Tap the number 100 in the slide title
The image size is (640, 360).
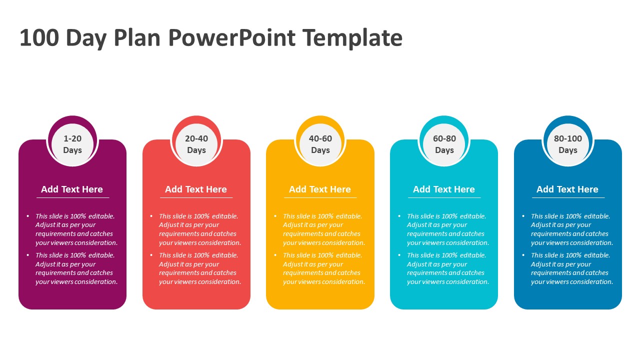click(39, 37)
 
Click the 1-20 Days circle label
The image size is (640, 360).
click(72, 144)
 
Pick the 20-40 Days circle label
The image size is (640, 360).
click(196, 144)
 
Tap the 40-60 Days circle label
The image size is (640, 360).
click(320, 144)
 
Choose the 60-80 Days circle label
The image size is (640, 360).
click(444, 144)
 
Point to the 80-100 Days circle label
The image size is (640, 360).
click(568, 144)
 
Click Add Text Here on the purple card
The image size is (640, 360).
click(72, 189)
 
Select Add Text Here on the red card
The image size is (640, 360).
click(196, 189)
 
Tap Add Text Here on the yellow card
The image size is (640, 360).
click(320, 189)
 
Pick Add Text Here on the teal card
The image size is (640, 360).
click(444, 189)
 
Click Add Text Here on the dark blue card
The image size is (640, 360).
click(567, 189)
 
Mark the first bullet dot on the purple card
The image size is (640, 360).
click(27, 216)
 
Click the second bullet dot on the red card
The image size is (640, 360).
click(151, 255)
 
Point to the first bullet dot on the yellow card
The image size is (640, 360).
click(275, 216)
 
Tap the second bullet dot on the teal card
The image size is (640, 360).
click(399, 255)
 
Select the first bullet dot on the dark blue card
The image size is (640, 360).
click(523, 216)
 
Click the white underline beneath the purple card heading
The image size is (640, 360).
click(73, 197)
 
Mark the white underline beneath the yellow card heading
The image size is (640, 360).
click(320, 197)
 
